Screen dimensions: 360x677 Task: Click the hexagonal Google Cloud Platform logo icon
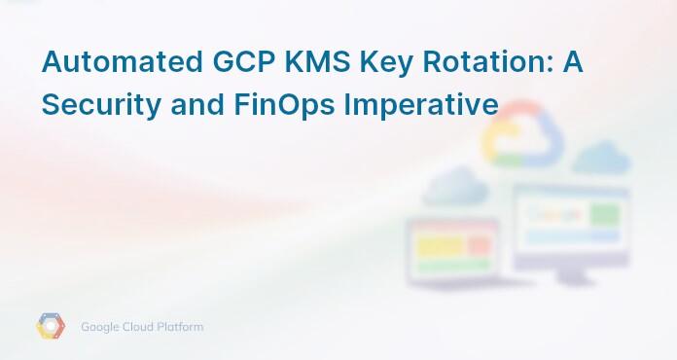coord(51,327)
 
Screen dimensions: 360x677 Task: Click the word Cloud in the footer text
coord(140,327)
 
